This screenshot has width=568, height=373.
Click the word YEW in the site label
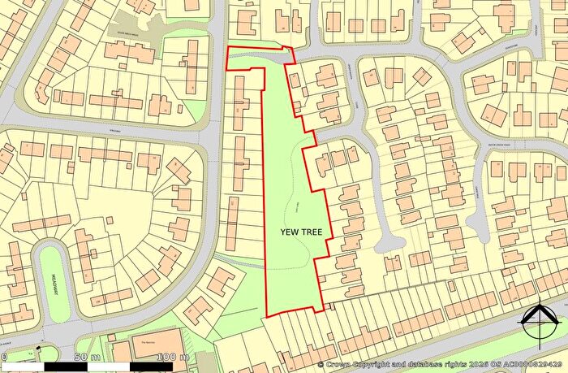290,232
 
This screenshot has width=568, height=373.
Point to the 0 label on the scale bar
4,358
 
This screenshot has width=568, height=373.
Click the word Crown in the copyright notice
340,366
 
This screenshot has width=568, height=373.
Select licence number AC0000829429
533,366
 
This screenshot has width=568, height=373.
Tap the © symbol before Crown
321,366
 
